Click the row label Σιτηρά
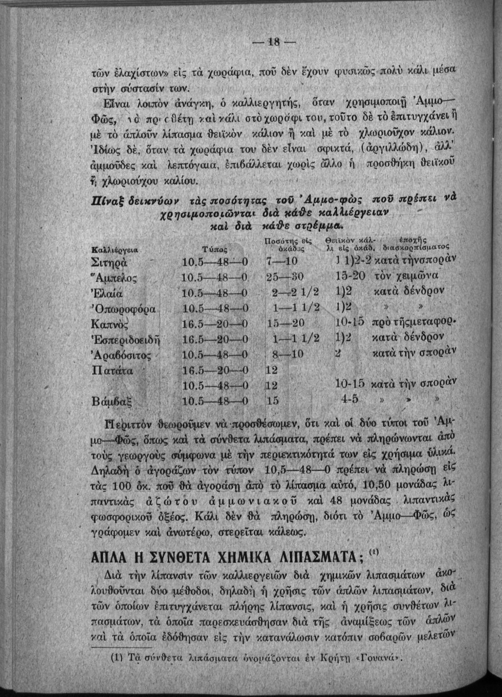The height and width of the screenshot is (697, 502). [112, 260]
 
